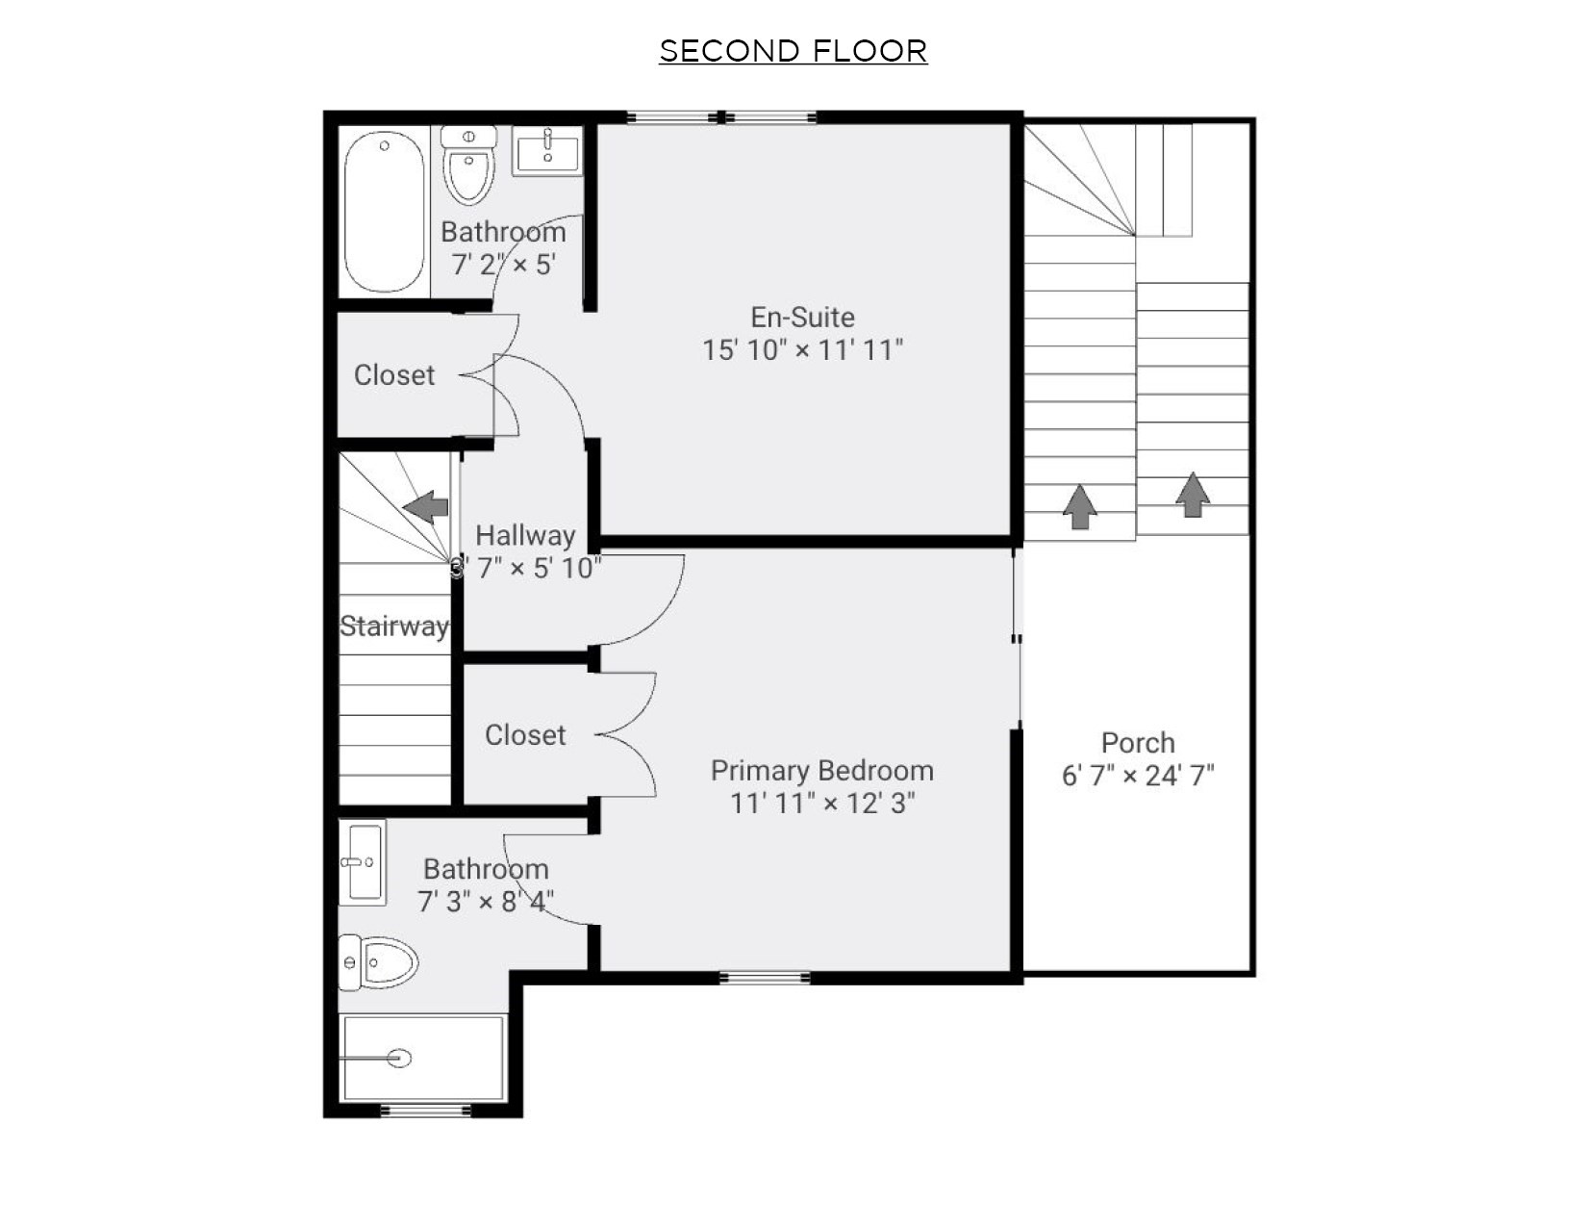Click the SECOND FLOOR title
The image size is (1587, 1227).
click(793, 51)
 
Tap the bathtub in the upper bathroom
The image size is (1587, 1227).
click(384, 212)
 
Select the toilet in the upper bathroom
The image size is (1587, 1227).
click(468, 168)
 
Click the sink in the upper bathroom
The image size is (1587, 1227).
click(546, 152)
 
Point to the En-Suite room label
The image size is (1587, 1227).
click(802, 317)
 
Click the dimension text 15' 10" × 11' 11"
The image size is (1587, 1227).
click(802, 349)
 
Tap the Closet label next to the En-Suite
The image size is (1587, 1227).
click(394, 374)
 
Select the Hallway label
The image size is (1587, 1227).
click(525, 535)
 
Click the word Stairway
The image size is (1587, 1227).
click(393, 626)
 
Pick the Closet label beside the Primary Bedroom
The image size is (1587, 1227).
click(525, 734)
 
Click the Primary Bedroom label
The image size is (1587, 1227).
click(821, 770)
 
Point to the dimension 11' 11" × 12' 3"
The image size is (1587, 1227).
click(821, 803)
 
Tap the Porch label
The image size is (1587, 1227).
click(1138, 742)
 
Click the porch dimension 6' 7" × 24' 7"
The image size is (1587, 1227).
click(1138, 775)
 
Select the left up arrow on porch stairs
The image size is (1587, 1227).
click(1079, 506)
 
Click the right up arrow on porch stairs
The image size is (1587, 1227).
click(1193, 495)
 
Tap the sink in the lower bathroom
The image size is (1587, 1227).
click(364, 861)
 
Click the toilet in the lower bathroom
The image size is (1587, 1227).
click(379, 961)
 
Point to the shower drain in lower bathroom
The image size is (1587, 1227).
click(400, 1058)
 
